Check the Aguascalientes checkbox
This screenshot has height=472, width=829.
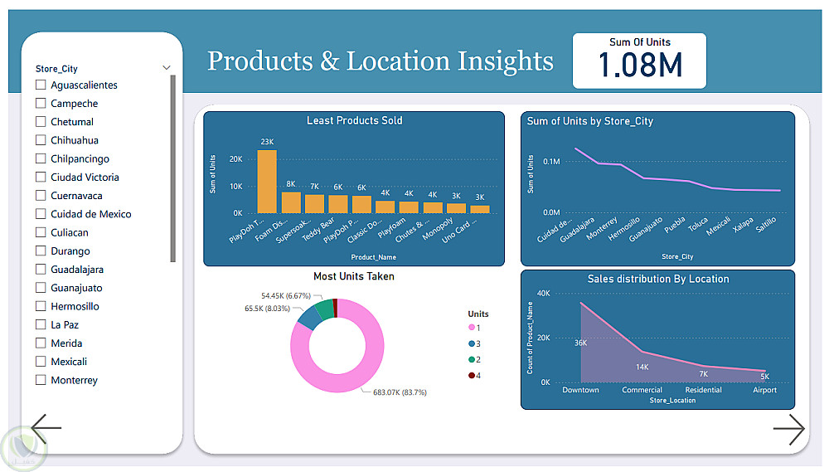[41, 85]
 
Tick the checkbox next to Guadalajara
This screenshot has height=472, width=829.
[41, 270]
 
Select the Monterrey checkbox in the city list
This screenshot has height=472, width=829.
[41, 381]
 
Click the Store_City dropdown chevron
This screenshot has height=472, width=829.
[167, 68]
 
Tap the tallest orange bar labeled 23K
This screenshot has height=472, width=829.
[267, 182]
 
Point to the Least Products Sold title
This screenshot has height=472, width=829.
[354, 121]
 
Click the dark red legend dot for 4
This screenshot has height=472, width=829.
[472, 376]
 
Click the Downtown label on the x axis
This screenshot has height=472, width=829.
[580, 390]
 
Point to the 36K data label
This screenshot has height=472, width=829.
[580, 343]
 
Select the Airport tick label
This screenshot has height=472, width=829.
[764, 390]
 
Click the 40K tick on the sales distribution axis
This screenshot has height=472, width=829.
[544, 293]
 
